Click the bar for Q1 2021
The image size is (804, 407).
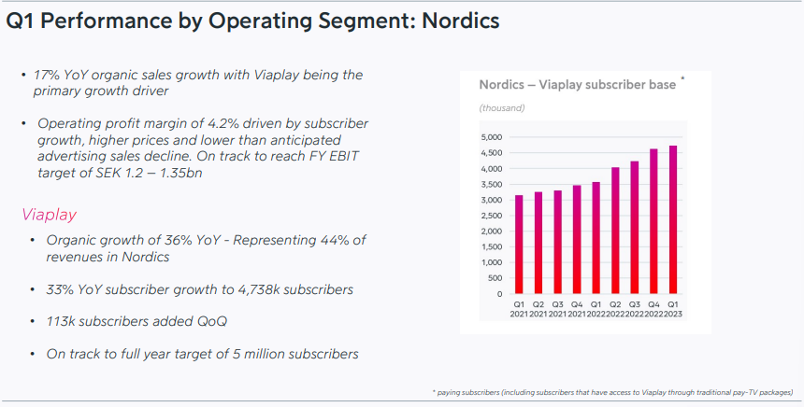[519, 245]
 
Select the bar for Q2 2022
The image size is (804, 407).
[615, 231]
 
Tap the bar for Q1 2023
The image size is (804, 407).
[673, 219]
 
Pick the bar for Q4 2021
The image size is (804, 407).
[577, 240]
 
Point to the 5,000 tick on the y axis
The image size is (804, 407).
[492, 137]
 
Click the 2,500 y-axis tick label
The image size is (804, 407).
[492, 216]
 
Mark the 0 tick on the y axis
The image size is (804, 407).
[499, 294]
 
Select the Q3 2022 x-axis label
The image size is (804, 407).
[634, 309]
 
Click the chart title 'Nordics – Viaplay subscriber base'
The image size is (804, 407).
[578, 84]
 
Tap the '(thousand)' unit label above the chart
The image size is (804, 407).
[502, 108]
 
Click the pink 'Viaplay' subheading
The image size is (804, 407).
[50, 215]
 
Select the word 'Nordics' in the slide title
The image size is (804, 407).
[461, 21]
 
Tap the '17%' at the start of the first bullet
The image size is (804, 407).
[47, 75]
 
